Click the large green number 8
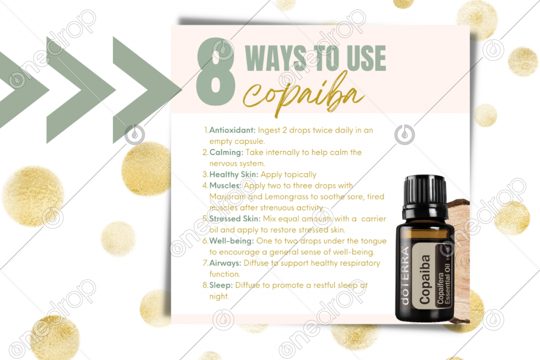point(215,71)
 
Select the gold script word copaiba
point(303,93)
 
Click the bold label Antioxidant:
point(232,130)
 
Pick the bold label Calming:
point(226,152)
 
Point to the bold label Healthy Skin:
point(234,174)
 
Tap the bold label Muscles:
point(225,186)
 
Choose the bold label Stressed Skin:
point(235,219)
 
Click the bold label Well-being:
point(232,241)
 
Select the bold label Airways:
point(225,263)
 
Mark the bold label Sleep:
point(221,285)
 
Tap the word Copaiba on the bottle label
point(424,280)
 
